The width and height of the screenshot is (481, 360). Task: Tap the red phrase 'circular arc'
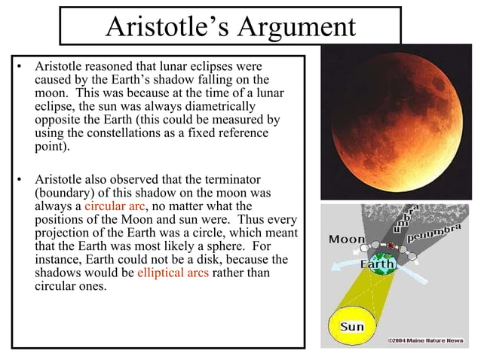coord(113,206)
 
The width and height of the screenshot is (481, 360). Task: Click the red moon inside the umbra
coord(390,246)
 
